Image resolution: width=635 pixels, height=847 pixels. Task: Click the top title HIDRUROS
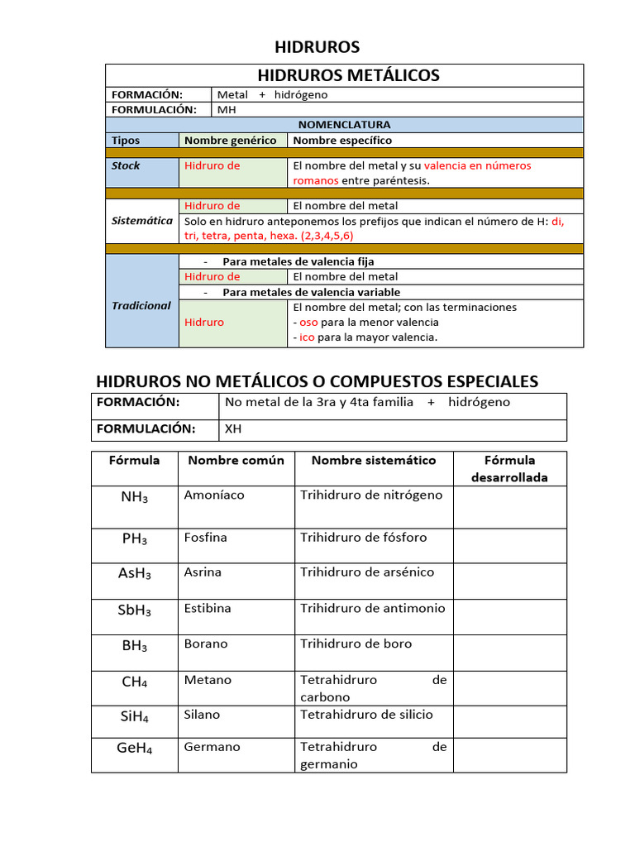(317, 46)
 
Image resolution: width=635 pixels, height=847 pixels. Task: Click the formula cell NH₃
(134, 497)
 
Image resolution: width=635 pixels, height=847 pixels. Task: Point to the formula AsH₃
(134, 573)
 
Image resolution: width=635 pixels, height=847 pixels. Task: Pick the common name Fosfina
(206, 538)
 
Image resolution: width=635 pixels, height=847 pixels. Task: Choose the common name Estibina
(208, 608)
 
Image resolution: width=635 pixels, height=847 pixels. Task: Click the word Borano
(206, 644)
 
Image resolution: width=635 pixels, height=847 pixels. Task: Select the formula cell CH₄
(134, 682)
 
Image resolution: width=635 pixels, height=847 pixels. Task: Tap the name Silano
(202, 715)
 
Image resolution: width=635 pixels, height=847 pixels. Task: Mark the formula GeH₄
(134, 748)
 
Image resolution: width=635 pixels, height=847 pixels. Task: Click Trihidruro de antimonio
(372, 608)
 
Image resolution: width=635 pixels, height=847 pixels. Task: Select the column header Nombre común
(236, 460)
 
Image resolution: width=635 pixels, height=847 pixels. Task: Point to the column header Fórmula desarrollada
(509, 468)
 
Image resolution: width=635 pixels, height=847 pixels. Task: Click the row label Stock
(126, 165)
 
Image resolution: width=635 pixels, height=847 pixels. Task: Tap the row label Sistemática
(142, 221)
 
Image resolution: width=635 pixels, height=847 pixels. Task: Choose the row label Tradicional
(141, 305)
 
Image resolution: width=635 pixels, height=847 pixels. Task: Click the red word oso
(308, 323)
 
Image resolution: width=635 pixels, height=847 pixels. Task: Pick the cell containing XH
(233, 429)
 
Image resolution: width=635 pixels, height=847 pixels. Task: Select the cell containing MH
(226, 109)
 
